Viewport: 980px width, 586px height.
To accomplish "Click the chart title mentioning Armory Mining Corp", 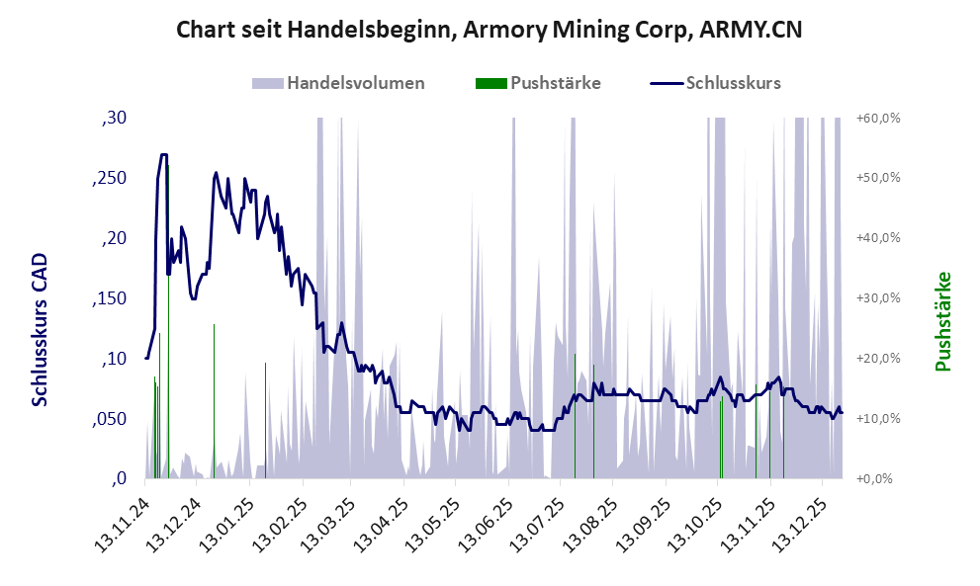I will (489, 30).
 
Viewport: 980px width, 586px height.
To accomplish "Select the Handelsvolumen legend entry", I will (356, 83).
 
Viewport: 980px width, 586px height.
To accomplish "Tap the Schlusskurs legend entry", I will (733, 83).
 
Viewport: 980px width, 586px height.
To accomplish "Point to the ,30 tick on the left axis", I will (115, 119).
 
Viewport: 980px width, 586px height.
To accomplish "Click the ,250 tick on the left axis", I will (111, 179).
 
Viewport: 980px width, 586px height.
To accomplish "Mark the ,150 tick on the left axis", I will (111, 299).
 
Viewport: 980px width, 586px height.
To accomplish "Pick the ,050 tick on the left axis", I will (111, 419).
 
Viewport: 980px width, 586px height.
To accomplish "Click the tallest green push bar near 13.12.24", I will (168, 316).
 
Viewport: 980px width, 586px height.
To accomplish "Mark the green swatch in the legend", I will (491, 83).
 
